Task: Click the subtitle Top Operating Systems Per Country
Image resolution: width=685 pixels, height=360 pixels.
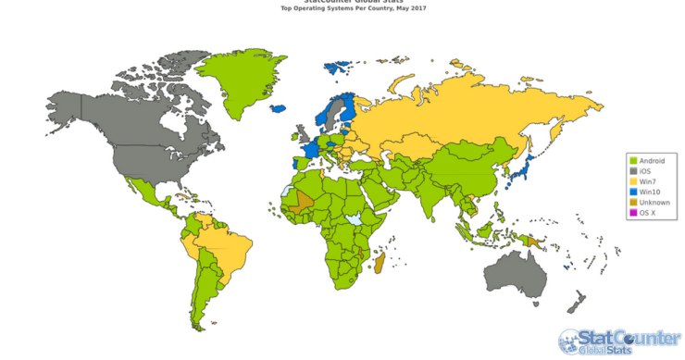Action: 342,8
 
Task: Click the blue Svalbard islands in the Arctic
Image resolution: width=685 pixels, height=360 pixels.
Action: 337,68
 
